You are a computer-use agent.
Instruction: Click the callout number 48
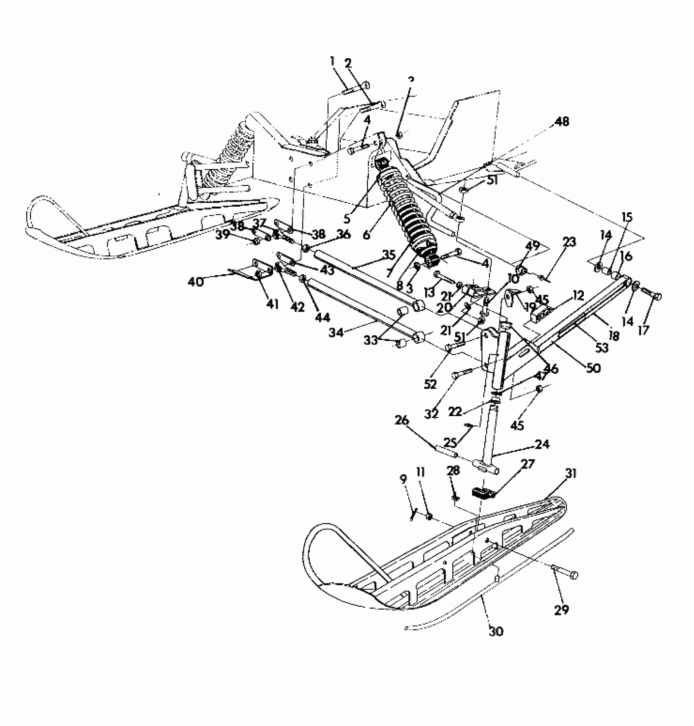coord(562,122)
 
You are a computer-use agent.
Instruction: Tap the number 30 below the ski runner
coord(496,632)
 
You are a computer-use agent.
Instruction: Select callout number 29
coord(561,610)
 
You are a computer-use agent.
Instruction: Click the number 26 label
coord(401,421)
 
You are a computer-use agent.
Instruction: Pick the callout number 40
coord(196,281)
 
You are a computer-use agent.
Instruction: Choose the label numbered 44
coord(323,317)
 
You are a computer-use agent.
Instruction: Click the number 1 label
coord(333,62)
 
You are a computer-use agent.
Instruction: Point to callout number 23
coord(569,242)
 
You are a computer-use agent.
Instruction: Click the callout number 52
coord(430,384)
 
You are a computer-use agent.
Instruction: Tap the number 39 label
coord(223,236)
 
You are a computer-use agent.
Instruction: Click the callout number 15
coord(627,217)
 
